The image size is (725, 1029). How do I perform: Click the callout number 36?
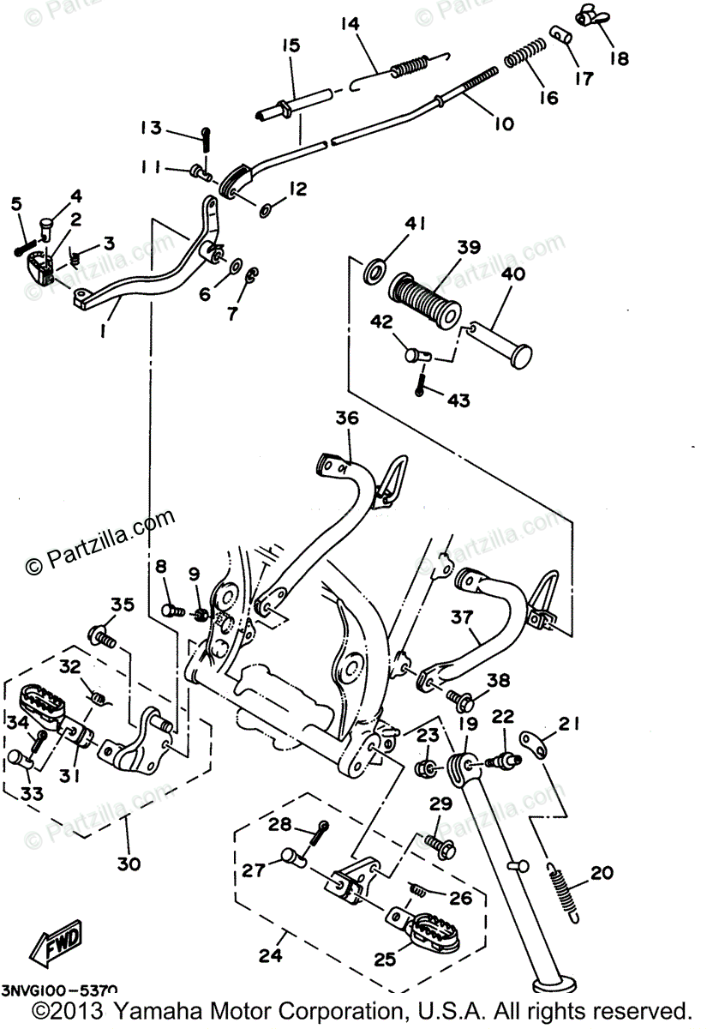(x=346, y=418)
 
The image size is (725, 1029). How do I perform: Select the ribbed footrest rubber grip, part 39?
(x=425, y=300)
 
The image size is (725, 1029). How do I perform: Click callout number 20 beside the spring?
(x=602, y=873)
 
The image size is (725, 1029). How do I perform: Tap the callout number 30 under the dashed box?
(x=129, y=864)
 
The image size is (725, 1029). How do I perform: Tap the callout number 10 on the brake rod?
(x=504, y=123)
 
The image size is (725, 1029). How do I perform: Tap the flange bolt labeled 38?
(x=463, y=701)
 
